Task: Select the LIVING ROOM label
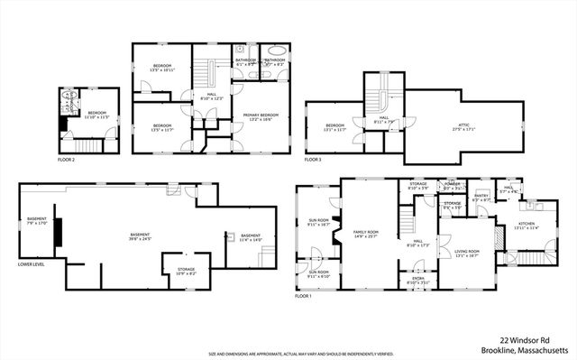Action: (x=466, y=254)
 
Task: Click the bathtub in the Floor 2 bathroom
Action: (x=276, y=51)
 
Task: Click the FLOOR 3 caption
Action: (x=313, y=160)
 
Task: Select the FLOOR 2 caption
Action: (x=66, y=160)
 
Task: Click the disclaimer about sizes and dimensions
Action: (x=288, y=355)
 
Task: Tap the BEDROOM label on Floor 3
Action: (x=335, y=126)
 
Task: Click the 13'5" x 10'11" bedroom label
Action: (x=161, y=68)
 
